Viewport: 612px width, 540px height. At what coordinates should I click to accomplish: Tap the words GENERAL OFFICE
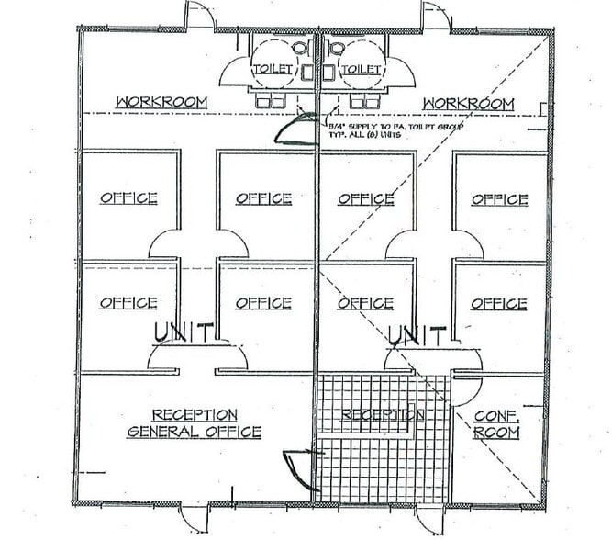[x=194, y=432]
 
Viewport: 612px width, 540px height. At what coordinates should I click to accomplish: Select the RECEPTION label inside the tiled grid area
[x=383, y=415]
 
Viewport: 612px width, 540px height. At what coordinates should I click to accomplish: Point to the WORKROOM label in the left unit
[x=161, y=102]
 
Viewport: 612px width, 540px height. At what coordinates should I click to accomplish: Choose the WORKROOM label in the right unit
[x=468, y=103]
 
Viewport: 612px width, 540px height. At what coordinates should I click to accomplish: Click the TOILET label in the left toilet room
[x=274, y=69]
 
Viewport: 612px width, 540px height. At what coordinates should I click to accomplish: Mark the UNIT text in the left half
[x=184, y=332]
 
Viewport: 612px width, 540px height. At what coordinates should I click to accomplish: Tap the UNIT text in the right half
[x=417, y=334]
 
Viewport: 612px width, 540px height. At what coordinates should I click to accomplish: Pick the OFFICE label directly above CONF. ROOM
[x=499, y=303]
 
